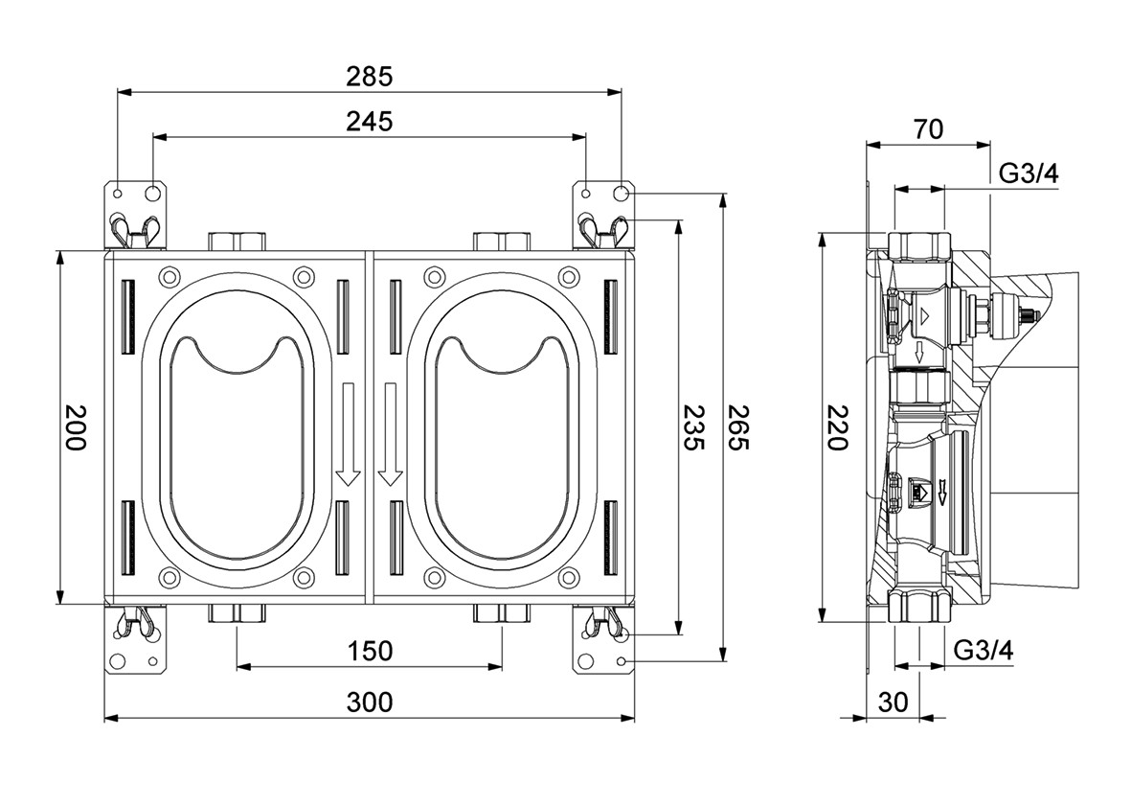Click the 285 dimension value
pyautogui.click(x=370, y=76)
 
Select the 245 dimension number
pyautogui.click(x=370, y=122)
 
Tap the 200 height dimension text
pyautogui.click(x=76, y=427)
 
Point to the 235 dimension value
pyautogui.click(x=693, y=427)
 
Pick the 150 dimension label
pyautogui.click(x=370, y=651)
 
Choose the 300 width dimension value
pyautogui.click(x=370, y=702)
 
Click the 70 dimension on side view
pyautogui.click(x=927, y=128)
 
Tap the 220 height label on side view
pyautogui.click(x=837, y=427)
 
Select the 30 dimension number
pyautogui.click(x=893, y=702)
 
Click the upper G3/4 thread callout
pyautogui.click(x=1029, y=174)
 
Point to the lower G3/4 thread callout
pyautogui.click(x=984, y=650)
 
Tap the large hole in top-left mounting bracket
pyautogui.click(x=153, y=194)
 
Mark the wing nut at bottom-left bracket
pyautogui.click(x=134, y=623)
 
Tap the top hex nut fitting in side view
pyautogui.click(x=918, y=244)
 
